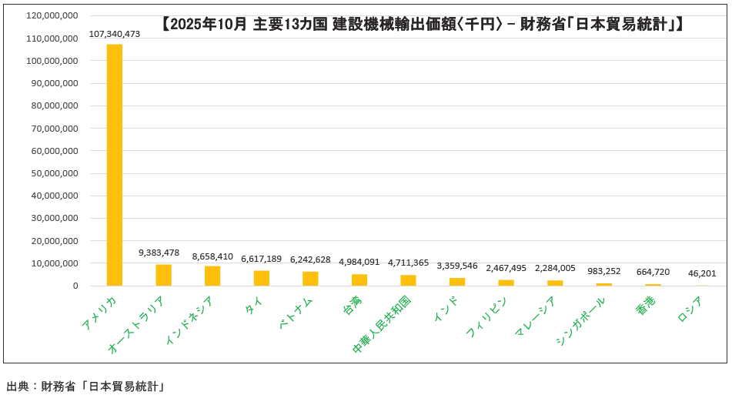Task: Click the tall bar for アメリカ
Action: (114, 165)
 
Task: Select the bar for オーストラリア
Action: (163, 275)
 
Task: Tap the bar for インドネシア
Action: (212, 276)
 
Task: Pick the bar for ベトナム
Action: (310, 279)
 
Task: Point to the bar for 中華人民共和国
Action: (408, 280)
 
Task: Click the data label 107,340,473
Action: (115, 34)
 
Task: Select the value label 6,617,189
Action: (261, 259)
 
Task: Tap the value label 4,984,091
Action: (359, 262)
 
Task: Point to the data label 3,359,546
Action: (457, 266)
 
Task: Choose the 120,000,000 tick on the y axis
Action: (52, 15)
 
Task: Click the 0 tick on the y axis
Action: (75, 286)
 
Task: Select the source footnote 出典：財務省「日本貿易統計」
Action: (86, 386)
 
